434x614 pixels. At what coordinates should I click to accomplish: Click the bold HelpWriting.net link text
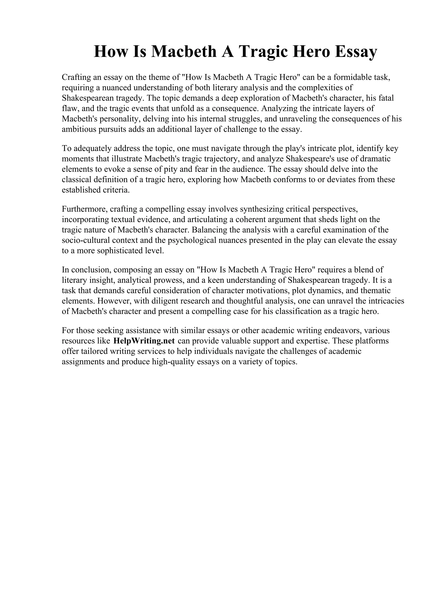[x=144, y=341]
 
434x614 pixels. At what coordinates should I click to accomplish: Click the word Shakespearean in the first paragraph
[x=88, y=98]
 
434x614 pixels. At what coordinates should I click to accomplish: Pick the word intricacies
[x=386, y=301]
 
